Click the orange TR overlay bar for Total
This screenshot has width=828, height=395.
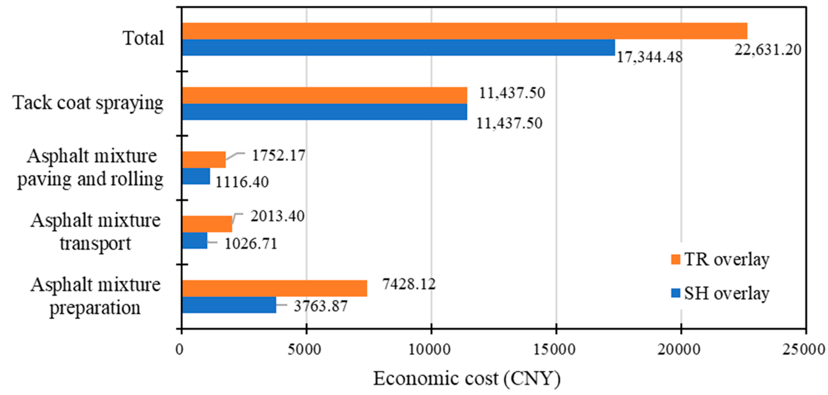pyautogui.click(x=465, y=31)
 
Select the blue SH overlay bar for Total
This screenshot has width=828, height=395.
pyautogui.click(x=399, y=48)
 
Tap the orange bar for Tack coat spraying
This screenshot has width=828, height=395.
pyautogui.click(x=325, y=96)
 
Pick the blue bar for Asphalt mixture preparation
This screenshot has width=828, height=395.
pyautogui.click(x=229, y=305)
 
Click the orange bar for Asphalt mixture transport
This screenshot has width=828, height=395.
pyautogui.click(x=207, y=224)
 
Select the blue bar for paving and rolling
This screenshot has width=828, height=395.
pyautogui.click(x=196, y=176)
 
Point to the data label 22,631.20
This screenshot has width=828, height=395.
pyautogui.click(x=768, y=50)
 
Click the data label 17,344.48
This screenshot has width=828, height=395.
pyautogui.click(x=649, y=58)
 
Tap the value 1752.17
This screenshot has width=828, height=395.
pyautogui.click(x=278, y=156)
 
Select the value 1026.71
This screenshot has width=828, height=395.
pyautogui.click(x=251, y=243)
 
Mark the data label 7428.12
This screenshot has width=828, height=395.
pyautogui.click(x=409, y=284)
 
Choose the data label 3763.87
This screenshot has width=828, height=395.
pyautogui.click(x=321, y=306)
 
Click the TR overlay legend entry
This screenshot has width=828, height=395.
pyautogui.click(x=720, y=259)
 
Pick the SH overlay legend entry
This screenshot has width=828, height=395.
pyautogui.click(x=720, y=293)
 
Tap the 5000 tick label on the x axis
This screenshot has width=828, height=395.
pyautogui.click(x=304, y=350)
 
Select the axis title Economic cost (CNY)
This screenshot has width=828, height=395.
pyautogui.click(x=467, y=379)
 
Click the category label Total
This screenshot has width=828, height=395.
pyautogui.click(x=144, y=38)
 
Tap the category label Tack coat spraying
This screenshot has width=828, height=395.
pyautogui.click(x=88, y=103)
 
